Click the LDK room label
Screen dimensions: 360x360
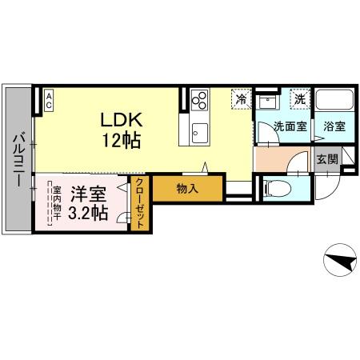(x=121, y=119)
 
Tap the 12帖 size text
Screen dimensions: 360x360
(x=121, y=142)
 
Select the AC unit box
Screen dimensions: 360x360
(x=49, y=99)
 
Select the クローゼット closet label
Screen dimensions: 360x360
(x=139, y=203)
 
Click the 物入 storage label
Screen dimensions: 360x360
(x=187, y=190)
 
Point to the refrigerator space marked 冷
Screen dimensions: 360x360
(x=241, y=99)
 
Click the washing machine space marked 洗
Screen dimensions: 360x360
(x=298, y=99)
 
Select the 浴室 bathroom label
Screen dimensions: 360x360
(x=335, y=126)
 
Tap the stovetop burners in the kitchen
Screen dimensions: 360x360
(x=199, y=101)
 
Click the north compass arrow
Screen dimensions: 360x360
(x=340, y=261)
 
